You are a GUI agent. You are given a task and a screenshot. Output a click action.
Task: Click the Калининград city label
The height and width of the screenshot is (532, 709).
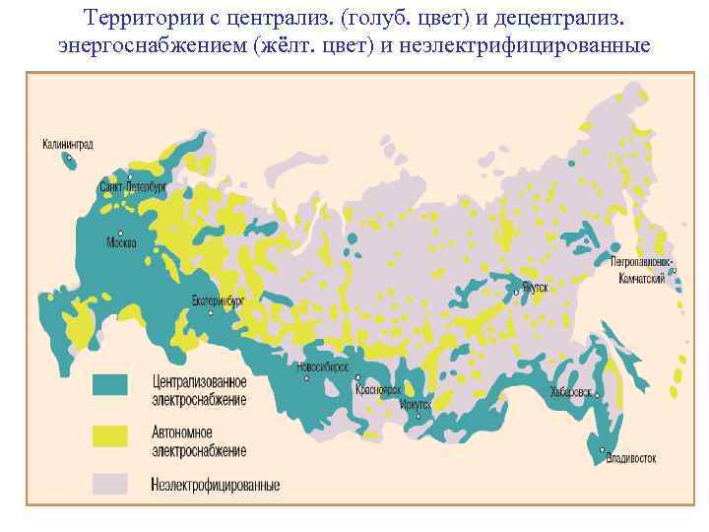pos(67,144)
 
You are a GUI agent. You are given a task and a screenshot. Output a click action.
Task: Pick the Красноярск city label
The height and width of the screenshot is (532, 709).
pos(377,389)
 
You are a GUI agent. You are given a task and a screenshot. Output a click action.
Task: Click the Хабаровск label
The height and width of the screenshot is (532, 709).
pos(571,391)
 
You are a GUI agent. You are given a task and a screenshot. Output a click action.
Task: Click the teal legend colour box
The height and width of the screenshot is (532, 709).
pos(110,384)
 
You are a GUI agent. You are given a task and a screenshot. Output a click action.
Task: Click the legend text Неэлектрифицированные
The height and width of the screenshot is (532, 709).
pos(216,485)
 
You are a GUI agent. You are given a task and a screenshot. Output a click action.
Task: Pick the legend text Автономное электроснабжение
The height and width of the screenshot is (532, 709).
pos(199,441)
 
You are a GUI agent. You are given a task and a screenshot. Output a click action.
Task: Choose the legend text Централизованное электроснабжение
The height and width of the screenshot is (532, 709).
pos(199,389)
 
